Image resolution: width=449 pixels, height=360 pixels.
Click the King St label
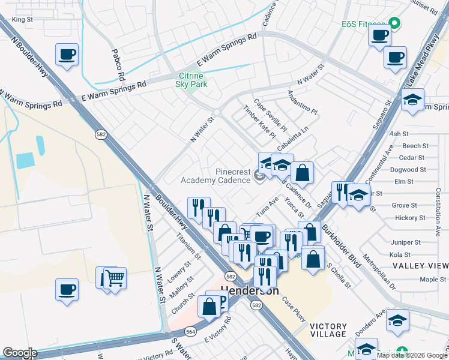22,20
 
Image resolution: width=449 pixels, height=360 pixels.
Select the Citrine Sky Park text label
192,80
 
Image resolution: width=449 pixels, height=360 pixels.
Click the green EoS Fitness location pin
394,23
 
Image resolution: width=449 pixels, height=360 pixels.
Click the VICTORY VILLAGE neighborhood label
328,330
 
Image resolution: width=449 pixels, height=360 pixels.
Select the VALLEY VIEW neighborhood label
420,266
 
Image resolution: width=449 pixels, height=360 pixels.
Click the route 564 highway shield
190,331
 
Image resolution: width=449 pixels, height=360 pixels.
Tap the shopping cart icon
116,278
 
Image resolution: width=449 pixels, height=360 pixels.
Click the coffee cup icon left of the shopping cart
67,289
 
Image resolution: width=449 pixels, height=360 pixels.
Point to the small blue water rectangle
26,160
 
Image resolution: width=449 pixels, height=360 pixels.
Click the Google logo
20,353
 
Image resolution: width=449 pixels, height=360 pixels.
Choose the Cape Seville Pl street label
271,116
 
